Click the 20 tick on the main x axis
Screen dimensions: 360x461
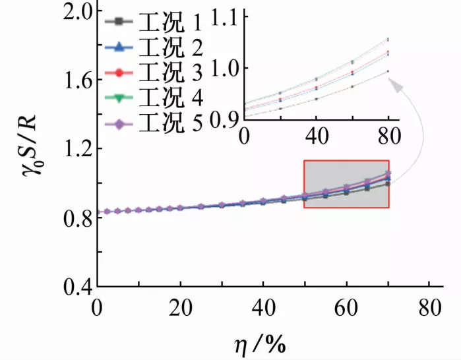click(180, 306)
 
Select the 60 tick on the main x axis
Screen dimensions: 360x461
click(347, 306)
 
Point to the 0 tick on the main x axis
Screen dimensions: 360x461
click(98, 306)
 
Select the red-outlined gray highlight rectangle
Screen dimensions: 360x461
click(346, 185)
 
